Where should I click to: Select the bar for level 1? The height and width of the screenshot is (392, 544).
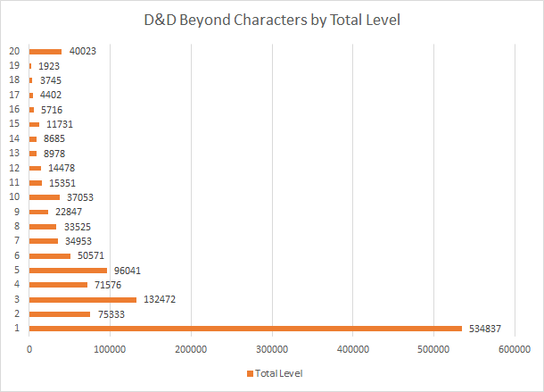(245, 328)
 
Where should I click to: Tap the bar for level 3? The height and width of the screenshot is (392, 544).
(83, 299)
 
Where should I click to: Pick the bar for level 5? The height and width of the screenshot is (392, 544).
(68, 270)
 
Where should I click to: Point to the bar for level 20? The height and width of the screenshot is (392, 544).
(45, 51)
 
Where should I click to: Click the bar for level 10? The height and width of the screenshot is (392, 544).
(45, 197)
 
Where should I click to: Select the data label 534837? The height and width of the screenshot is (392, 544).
(487, 328)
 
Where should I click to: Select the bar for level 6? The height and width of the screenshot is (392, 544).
(50, 255)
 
